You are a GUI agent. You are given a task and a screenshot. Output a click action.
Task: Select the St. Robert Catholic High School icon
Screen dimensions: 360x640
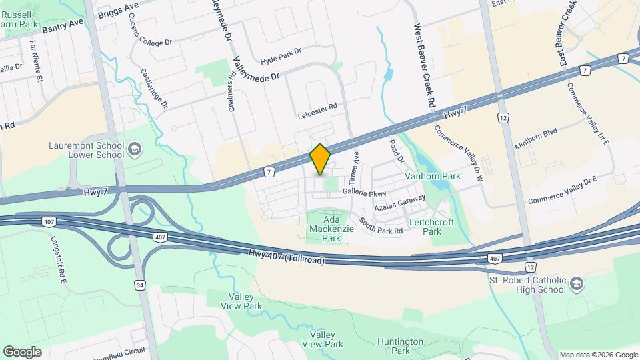pos(576,285)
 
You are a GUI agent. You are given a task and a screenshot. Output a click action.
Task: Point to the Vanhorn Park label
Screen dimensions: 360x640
pos(433,177)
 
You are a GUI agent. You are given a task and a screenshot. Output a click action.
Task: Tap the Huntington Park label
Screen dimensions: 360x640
pos(400,346)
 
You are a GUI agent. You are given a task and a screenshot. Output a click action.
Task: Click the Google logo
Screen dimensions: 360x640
pos(22,351)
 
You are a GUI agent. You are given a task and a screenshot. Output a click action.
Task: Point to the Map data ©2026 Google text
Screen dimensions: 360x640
pos(598,355)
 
